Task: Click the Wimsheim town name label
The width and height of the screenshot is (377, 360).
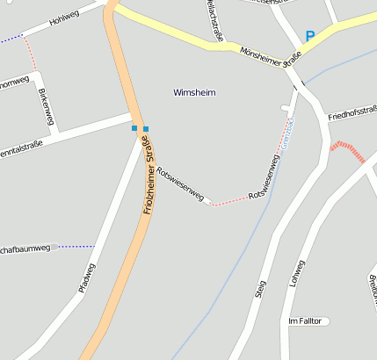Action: click(x=194, y=92)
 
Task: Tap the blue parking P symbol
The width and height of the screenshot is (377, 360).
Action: click(x=309, y=36)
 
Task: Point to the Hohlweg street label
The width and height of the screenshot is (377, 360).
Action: click(x=65, y=14)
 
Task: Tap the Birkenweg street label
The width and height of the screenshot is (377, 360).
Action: click(x=47, y=106)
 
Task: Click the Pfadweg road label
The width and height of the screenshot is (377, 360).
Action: click(x=86, y=281)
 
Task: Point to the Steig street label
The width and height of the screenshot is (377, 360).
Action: click(x=260, y=289)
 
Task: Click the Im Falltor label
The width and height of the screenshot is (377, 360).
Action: click(x=307, y=321)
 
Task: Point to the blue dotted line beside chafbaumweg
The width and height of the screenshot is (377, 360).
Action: click(x=76, y=247)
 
